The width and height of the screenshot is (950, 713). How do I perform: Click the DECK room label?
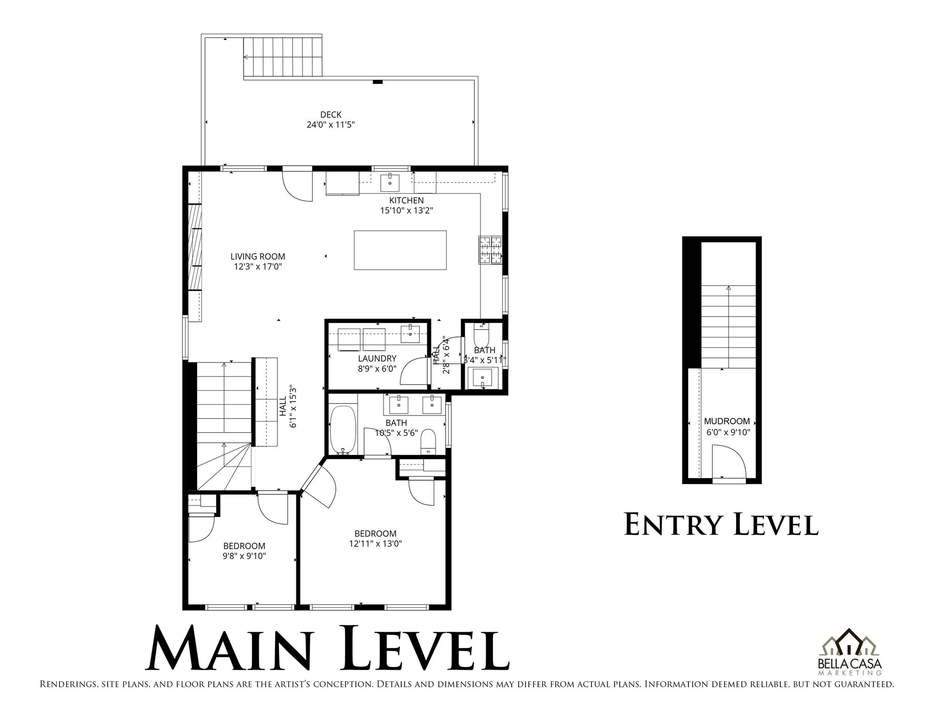pos(330,115)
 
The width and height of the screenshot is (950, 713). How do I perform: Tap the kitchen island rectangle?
pos(400,250)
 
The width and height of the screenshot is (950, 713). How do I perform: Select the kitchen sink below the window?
pos(390,183)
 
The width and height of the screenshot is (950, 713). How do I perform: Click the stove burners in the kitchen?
pos(491,250)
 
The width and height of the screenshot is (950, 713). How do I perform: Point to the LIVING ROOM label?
pos(257,256)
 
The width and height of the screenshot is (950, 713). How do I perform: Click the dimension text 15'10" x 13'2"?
pos(406,210)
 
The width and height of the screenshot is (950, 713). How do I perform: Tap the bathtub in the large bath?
pos(342,430)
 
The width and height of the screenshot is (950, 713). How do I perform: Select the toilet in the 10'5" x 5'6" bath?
pos(428,441)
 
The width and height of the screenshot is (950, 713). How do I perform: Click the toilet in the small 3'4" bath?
pos(481,335)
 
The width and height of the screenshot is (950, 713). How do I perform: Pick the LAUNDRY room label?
pos(377,358)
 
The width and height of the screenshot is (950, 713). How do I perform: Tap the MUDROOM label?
pos(726,421)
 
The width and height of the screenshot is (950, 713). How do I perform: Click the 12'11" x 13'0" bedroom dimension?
pos(375,544)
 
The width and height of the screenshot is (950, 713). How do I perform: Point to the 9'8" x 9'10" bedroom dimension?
pos(244,556)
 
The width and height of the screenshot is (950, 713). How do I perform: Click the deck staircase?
pos(282,57)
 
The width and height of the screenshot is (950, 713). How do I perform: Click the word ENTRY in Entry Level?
pos(673,525)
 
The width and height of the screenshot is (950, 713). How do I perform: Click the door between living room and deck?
pos(297,185)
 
